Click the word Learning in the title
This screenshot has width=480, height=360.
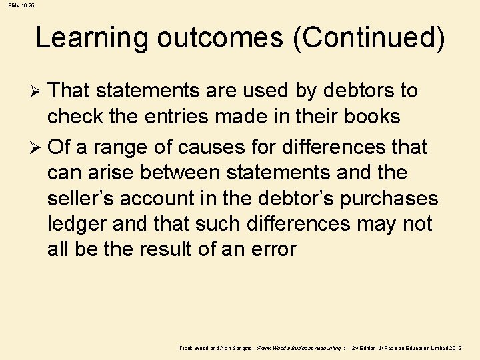tap(91, 38)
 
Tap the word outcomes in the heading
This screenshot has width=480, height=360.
tap(220, 38)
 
